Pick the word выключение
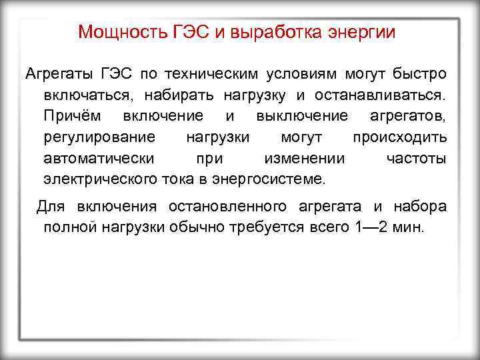click(301, 115)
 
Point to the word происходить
click(399, 137)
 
